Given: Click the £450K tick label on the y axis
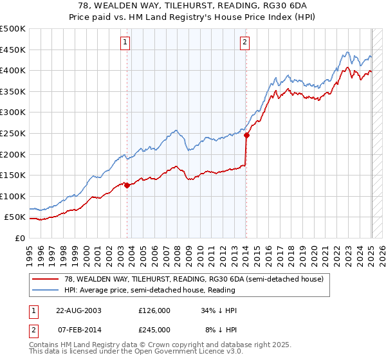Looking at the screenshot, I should click(13, 50).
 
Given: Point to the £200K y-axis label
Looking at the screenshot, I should click(13, 154).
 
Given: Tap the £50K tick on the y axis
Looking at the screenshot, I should click(15, 217).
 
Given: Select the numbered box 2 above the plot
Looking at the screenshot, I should click(246, 44).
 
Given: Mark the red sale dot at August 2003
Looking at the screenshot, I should click(127, 185).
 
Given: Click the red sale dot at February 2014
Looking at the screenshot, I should click(246, 135).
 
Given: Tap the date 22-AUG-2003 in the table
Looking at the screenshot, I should click(78, 310).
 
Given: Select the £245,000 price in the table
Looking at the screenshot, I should click(154, 330).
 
